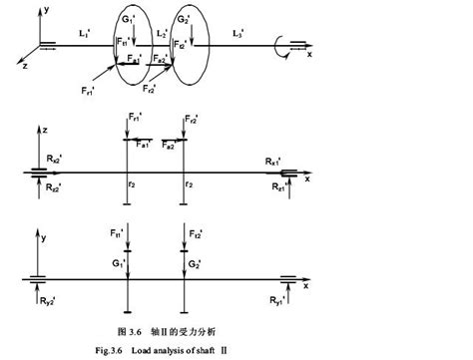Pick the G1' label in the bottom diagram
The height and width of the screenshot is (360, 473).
click(120, 265)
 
